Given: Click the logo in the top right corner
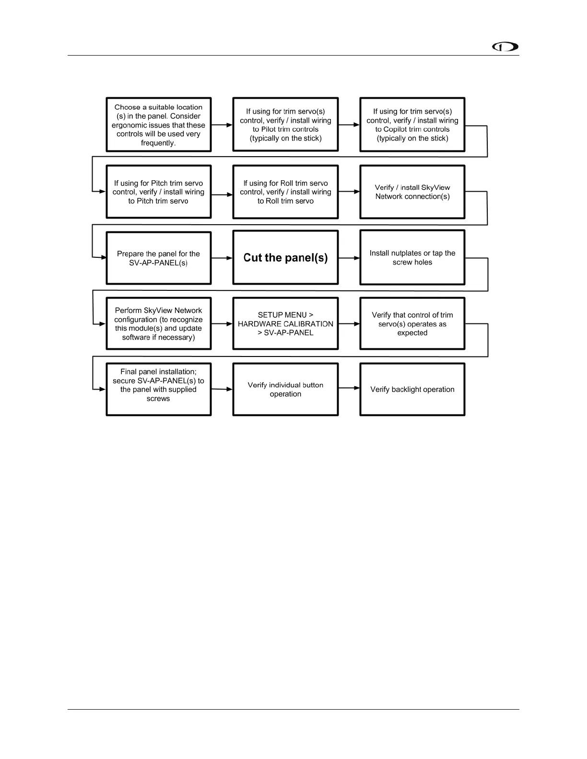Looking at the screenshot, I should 505,47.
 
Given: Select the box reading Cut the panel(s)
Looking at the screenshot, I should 285,258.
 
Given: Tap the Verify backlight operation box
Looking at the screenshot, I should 412,389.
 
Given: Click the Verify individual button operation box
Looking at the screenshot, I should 285,389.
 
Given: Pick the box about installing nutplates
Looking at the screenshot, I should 412,258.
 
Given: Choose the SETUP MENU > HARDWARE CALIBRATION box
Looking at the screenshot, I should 285,323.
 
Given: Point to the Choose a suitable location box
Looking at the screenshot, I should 158,125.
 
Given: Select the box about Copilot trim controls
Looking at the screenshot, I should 412,125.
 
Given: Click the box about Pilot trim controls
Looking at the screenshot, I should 285,125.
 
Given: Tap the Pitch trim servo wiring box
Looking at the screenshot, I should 158,192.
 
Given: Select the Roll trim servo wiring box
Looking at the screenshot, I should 285,192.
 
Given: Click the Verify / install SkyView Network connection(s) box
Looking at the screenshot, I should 412,192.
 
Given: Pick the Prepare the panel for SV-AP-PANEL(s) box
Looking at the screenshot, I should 158,258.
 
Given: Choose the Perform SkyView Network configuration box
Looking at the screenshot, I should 158,323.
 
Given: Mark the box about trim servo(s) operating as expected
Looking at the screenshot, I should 412,323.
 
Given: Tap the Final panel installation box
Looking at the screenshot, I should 158,389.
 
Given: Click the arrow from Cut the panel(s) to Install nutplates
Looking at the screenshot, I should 349,258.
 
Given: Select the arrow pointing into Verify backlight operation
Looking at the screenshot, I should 349,388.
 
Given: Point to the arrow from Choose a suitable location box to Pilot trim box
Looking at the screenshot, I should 222,125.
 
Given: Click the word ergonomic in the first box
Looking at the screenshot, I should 129,125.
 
